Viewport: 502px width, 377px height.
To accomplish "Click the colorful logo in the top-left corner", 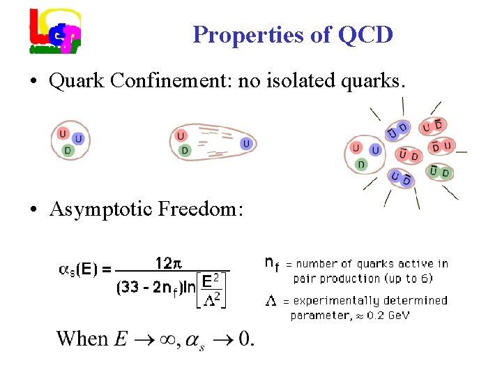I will point(54,31).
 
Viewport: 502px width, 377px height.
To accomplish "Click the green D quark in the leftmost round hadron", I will point(67,150).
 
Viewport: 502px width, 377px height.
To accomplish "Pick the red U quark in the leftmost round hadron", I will point(63,134).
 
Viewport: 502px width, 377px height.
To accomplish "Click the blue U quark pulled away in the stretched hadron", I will point(246,143).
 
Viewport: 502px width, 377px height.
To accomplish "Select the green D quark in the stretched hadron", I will point(184,150).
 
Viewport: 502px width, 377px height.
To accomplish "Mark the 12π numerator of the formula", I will point(168,263).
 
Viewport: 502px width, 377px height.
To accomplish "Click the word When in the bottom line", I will point(82,339).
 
